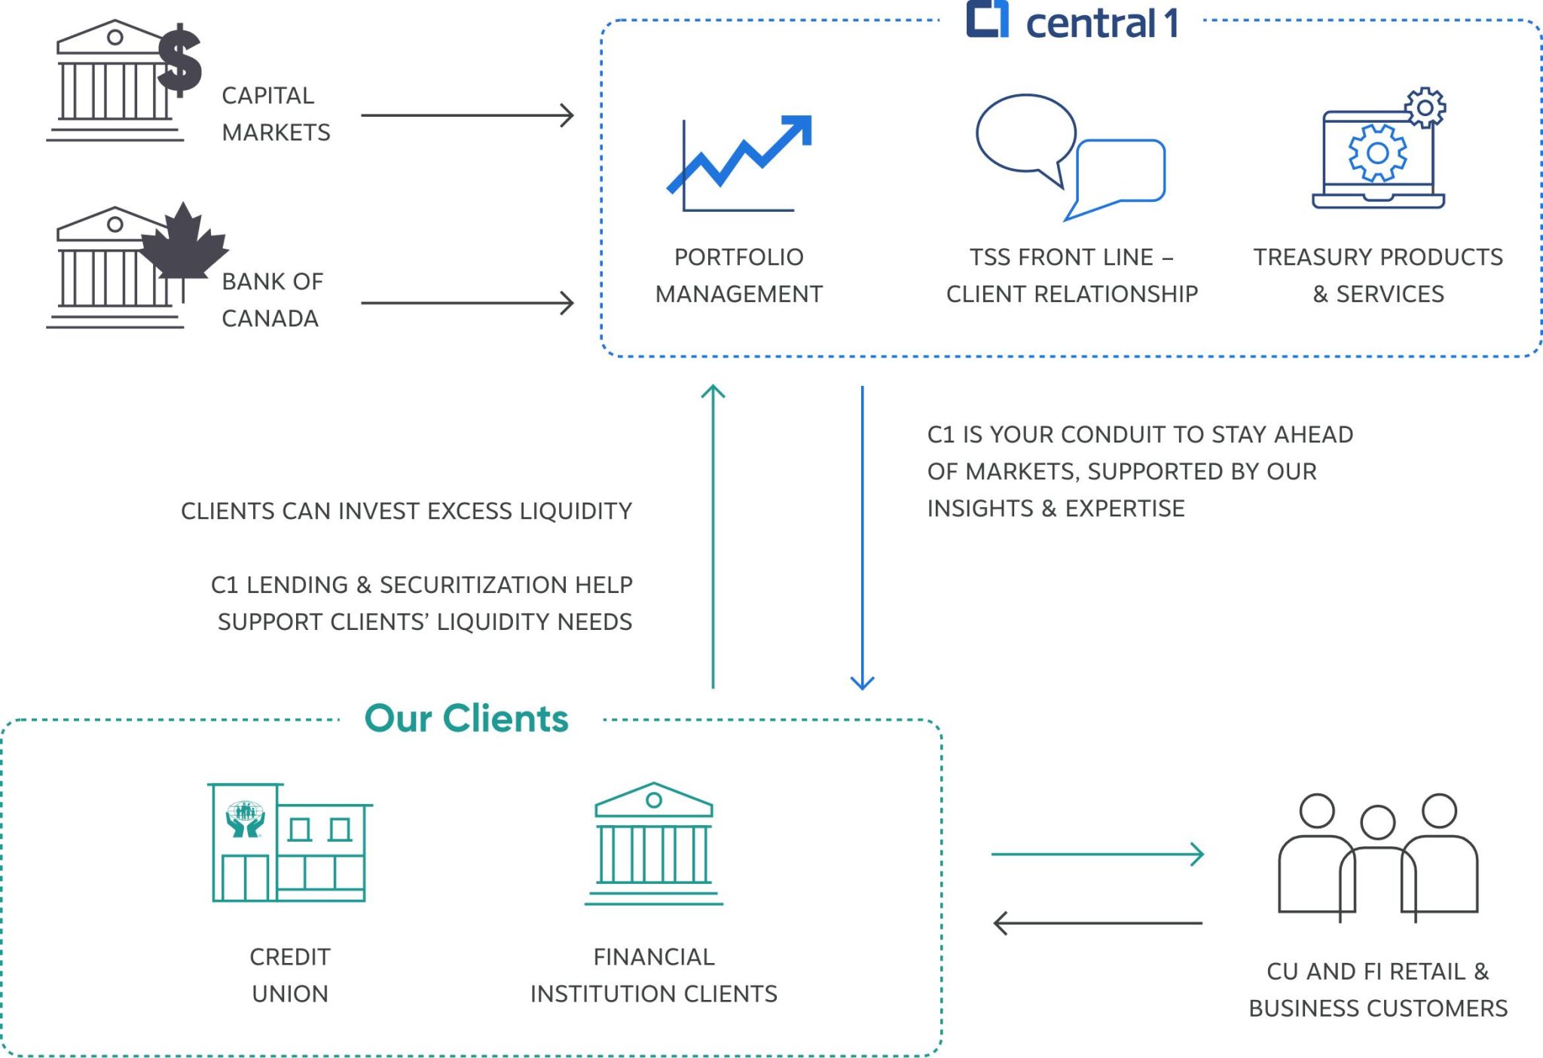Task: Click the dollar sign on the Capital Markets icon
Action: click(x=179, y=60)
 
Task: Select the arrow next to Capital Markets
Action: click(x=467, y=115)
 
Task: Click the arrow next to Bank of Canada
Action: click(x=467, y=303)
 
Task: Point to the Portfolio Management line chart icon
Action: click(x=739, y=164)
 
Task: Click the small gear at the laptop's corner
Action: click(x=1425, y=109)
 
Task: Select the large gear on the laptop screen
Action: click(x=1377, y=153)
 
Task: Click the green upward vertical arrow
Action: click(x=713, y=535)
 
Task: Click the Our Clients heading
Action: click(x=466, y=718)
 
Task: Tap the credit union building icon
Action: click(x=289, y=842)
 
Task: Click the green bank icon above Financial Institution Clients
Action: click(x=653, y=843)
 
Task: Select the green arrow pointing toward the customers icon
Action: click(x=1097, y=854)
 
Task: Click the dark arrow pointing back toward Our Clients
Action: click(x=1097, y=922)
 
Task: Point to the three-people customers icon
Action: click(x=1377, y=856)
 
